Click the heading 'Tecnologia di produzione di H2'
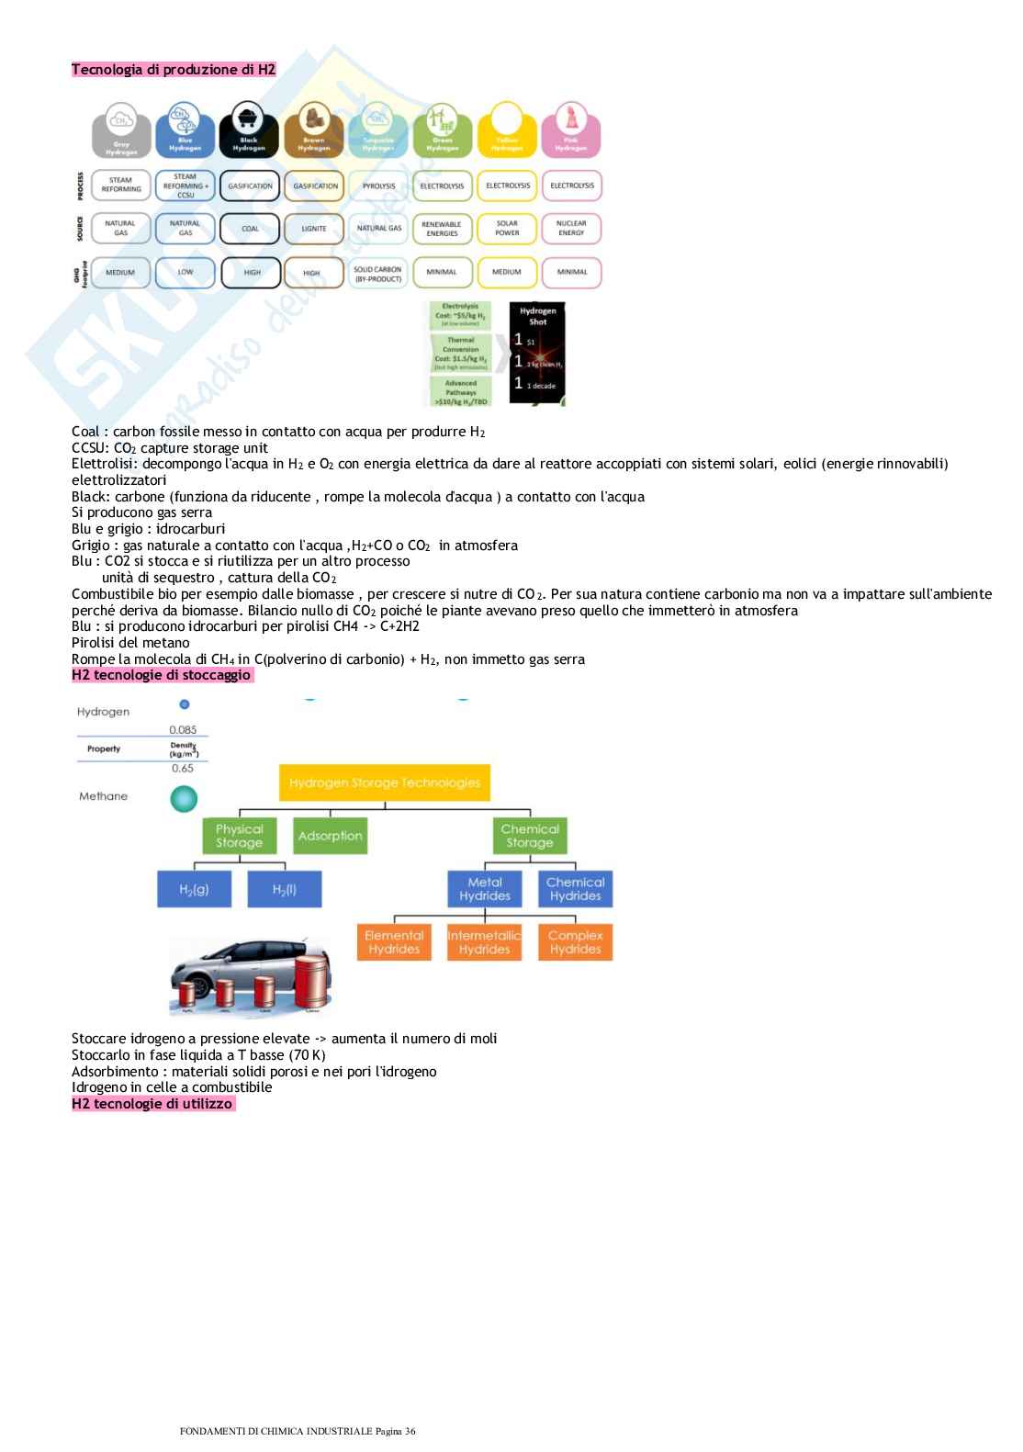[174, 69]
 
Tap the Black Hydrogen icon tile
[249, 130]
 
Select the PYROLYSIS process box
[378, 186]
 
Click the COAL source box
[250, 229]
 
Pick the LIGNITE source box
[314, 229]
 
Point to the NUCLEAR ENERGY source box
[571, 229]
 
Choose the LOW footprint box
[185, 273]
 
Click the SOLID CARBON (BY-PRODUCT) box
[377, 274]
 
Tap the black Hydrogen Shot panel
[538, 354]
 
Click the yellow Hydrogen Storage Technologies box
[385, 782]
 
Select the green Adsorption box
[331, 836]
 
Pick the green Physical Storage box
[240, 836]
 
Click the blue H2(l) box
[285, 889]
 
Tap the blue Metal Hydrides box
[485, 889]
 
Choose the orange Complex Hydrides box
[575, 942]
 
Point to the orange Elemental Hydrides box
[394, 942]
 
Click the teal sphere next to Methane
[184, 798]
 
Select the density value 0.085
[183, 730]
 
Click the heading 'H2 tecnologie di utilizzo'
[152, 1104]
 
